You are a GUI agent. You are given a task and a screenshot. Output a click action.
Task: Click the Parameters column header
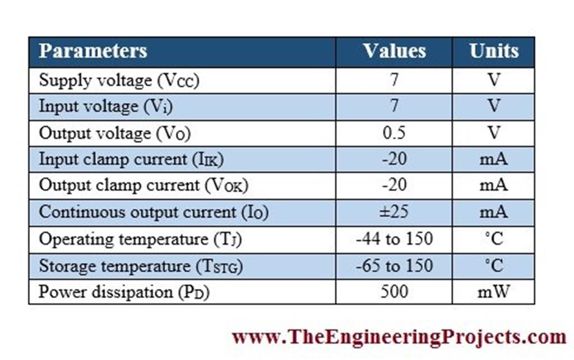(x=93, y=51)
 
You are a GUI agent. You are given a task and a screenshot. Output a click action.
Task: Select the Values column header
(x=394, y=51)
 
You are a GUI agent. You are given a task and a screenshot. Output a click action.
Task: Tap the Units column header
(x=493, y=51)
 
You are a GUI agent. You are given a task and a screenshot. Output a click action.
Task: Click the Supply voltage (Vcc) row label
(x=119, y=80)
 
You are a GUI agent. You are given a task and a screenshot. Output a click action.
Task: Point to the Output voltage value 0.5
(x=394, y=133)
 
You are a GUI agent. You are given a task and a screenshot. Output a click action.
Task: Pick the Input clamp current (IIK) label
(x=131, y=159)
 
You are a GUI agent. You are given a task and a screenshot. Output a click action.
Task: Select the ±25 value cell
(x=394, y=212)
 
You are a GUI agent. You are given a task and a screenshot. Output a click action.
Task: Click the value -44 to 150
(x=394, y=239)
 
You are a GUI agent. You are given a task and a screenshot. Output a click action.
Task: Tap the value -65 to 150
(x=394, y=265)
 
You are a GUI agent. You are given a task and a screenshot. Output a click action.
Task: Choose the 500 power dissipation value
(x=394, y=292)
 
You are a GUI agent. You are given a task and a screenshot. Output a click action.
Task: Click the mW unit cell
(x=493, y=292)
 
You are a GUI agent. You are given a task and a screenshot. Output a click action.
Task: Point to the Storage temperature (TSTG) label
(x=141, y=266)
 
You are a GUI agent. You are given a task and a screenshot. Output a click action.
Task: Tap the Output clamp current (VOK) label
(x=143, y=186)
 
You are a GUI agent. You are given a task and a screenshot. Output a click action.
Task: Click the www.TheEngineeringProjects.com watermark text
(x=399, y=337)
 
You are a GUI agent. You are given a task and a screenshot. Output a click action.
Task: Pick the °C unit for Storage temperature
(x=493, y=265)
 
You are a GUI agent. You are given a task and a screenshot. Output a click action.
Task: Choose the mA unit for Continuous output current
(x=493, y=212)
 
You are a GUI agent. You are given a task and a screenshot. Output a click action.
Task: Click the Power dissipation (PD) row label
(x=124, y=292)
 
